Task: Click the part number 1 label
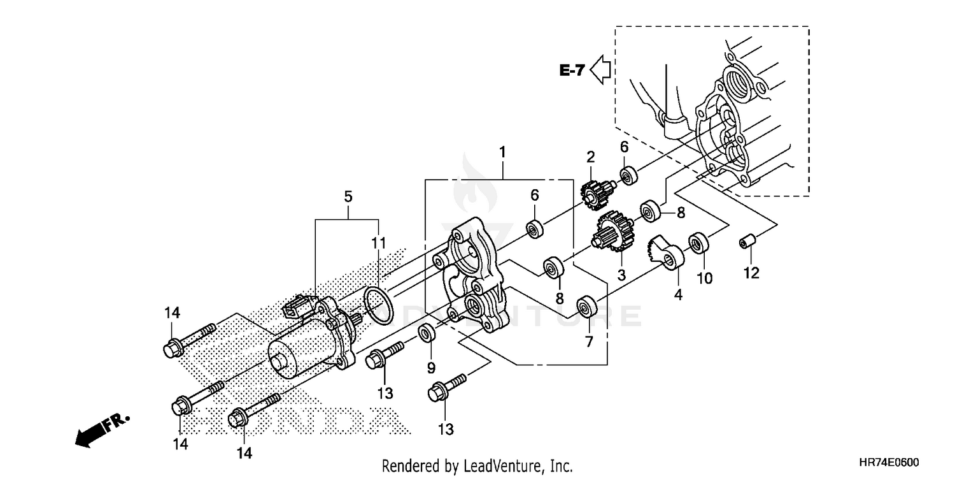(x=502, y=152)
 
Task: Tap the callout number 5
(x=348, y=197)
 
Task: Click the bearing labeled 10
(x=699, y=243)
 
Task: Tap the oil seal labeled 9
(x=427, y=333)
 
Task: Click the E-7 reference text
(x=572, y=71)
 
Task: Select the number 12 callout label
(x=751, y=273)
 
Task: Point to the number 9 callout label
(x=431, y=367)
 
